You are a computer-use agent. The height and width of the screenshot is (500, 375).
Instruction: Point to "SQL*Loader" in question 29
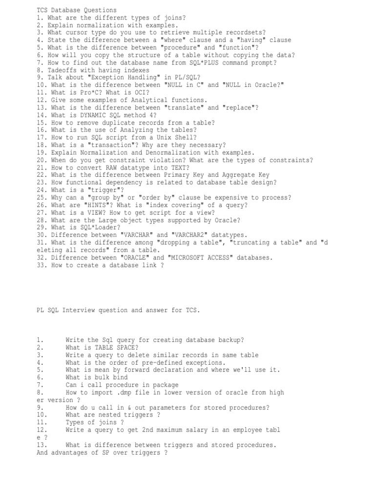tap(98, 228)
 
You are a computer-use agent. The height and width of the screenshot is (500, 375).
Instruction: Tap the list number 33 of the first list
tap(41, 265)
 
